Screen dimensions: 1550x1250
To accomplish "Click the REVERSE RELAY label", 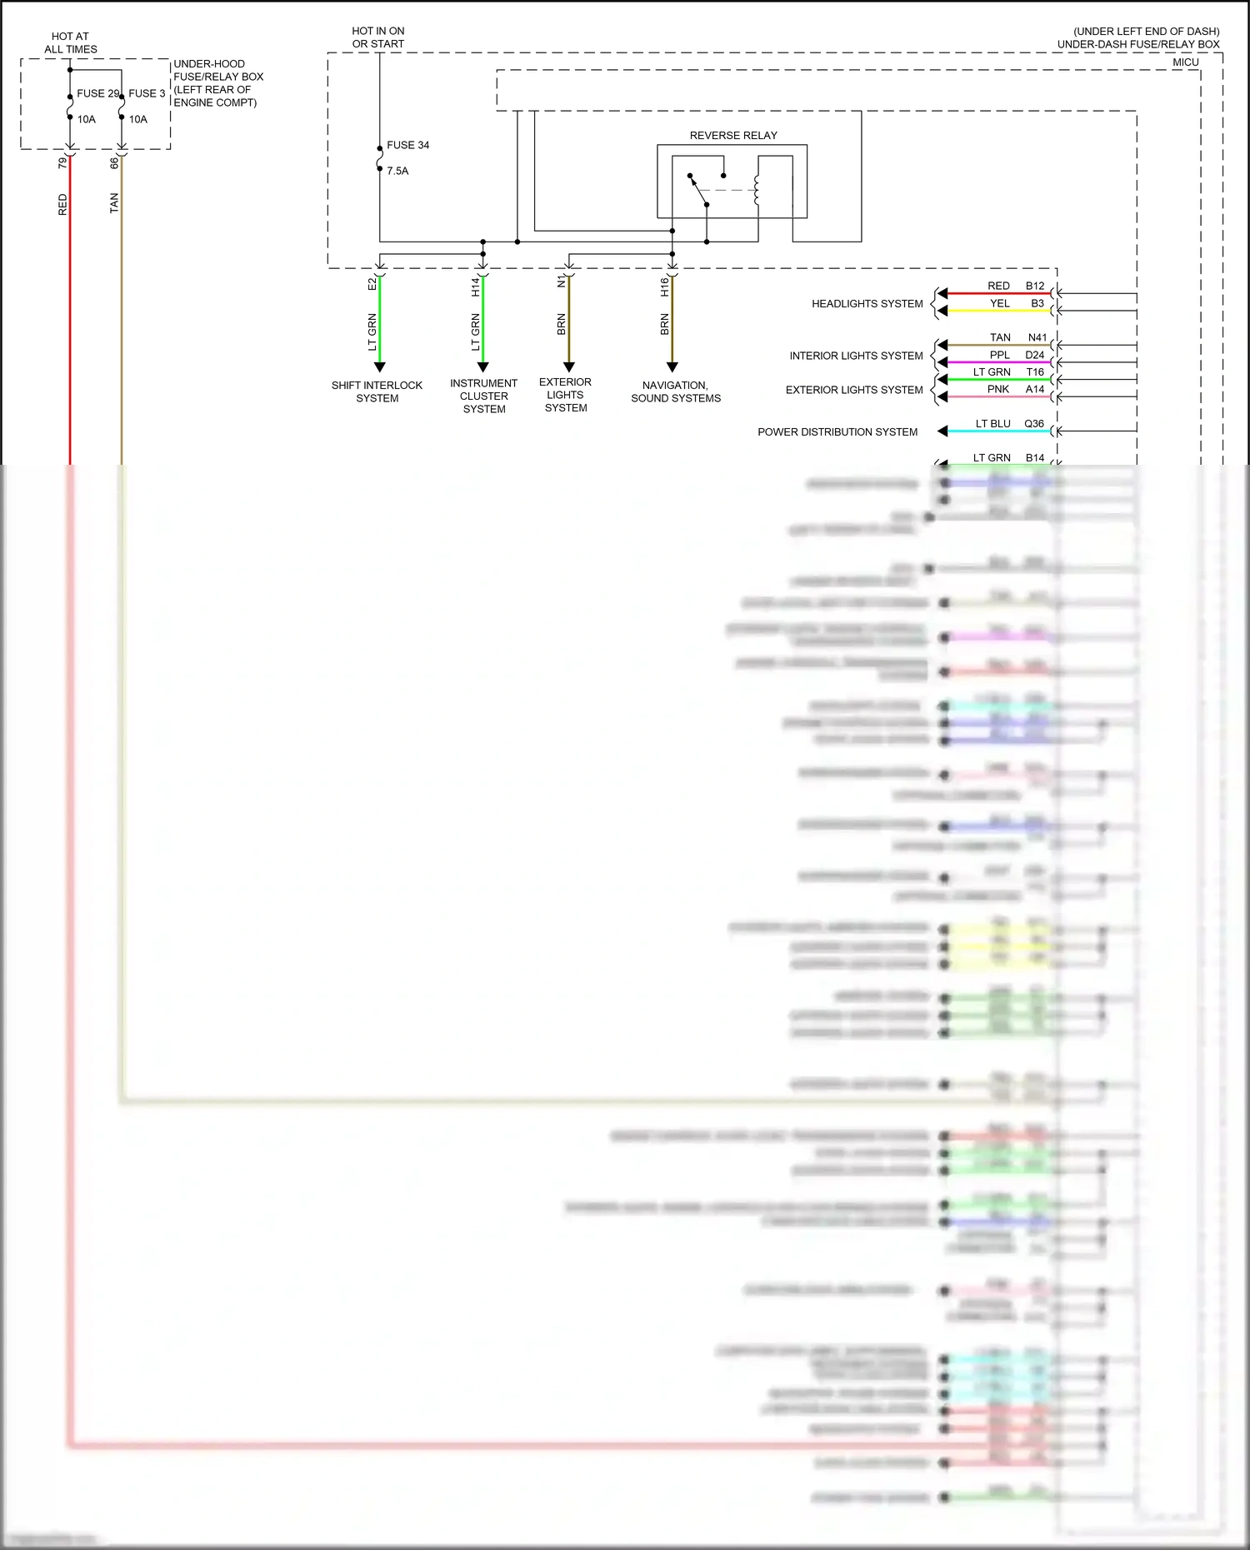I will click(x=732, y=135).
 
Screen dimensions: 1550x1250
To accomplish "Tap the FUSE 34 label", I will click(x=407, y=145).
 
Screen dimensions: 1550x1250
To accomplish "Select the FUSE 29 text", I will click(x=97, y=93).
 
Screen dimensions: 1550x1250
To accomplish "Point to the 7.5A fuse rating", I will click(x=397, y=171).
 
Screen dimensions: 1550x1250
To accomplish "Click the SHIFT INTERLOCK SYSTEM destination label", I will click(x=377, y=391).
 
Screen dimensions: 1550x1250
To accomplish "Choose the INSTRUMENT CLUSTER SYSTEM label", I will click(x=483, y=396).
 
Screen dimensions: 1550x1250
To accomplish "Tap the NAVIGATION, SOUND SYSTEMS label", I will click(x=675, y=391).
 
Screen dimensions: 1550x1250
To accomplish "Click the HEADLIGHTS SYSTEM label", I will click(x=867, y=304).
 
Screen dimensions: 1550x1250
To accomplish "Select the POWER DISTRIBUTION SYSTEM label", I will click(x=837, y=431).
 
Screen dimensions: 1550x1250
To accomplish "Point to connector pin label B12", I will click(x=1034, y=286).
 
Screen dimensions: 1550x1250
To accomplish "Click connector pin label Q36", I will click(x=1033, y=423).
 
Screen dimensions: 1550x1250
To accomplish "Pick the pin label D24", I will click(x=1034, y=355).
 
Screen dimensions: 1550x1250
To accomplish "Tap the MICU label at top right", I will click(x=1185, y=62).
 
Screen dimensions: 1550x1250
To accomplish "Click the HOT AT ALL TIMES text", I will click(x=70, y=42).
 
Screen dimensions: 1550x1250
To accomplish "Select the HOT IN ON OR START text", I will click(x=377, y=37).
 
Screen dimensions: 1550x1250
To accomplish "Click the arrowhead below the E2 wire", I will click(x=379, y=366).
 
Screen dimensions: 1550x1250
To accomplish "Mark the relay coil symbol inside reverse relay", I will click(x=757, y=190).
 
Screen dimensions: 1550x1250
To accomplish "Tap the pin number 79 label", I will click(x=62, y=162).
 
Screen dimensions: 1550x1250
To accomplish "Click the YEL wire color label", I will click(x=999, y=303).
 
